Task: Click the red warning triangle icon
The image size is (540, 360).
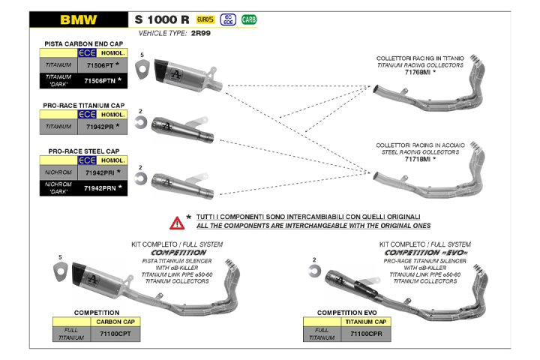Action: (177, 221)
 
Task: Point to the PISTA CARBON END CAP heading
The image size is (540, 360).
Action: (83, 44)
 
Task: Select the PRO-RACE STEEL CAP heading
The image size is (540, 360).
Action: (83, 151)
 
